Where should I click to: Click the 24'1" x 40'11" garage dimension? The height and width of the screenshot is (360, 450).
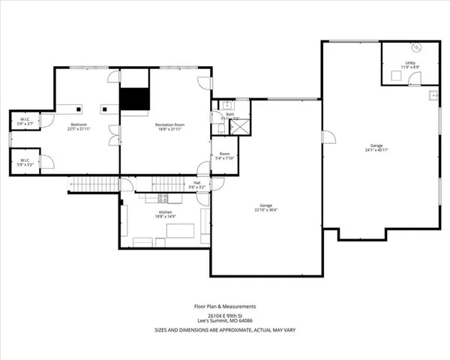click(376, 150)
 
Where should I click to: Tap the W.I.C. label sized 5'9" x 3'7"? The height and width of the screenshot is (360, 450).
click(24, 122)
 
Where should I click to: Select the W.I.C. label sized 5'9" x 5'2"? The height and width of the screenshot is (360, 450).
click(24, 160)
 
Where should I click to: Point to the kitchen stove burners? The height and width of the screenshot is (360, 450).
click(163, 198)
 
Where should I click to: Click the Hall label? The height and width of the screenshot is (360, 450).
click(196, 184)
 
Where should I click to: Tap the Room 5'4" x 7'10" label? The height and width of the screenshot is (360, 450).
click(224, 157)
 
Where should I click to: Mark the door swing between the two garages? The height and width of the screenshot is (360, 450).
click(327, 137)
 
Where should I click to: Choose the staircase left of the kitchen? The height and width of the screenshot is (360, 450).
click(94, 184)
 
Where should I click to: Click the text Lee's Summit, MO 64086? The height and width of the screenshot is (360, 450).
click(225, 322)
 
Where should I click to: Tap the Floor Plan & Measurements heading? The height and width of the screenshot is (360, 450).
click(225, 306)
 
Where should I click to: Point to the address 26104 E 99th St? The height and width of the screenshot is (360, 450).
click(225, 316)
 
